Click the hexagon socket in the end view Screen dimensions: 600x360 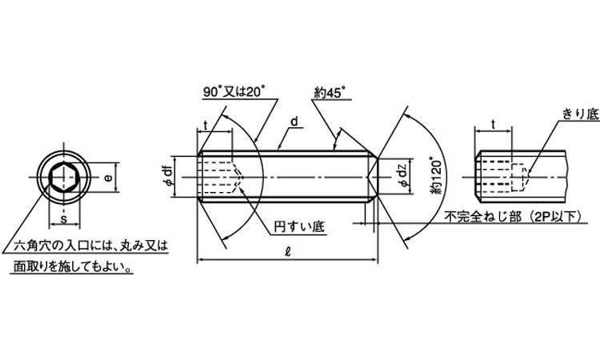[x=64, y=178]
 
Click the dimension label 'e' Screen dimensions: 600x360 [x=109, y=178]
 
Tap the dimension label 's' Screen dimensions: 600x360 [x=64, y=219]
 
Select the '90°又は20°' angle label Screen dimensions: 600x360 [x=234, y=92]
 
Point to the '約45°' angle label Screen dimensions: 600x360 [x=330, y=93]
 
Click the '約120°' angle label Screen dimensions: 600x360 [x=436, y=175]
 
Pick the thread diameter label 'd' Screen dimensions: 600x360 [x=294, y=122]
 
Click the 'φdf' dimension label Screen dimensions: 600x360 [x=168, y=177]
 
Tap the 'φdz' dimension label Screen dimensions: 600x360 [x=402, y=176]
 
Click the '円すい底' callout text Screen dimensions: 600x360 [x=299, y=226]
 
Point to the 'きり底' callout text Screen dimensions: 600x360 [x=581, y=114]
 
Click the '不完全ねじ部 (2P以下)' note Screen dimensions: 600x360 [x=513, y=217]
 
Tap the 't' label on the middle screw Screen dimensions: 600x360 [x=206, y=125]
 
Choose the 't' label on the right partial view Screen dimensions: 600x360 [x=493, y=124]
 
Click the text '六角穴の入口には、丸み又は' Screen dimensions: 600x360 [x=90, y=246]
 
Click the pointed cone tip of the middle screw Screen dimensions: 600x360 [x=367, y=177]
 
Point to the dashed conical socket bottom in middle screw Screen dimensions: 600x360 [x=238, y=177]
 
